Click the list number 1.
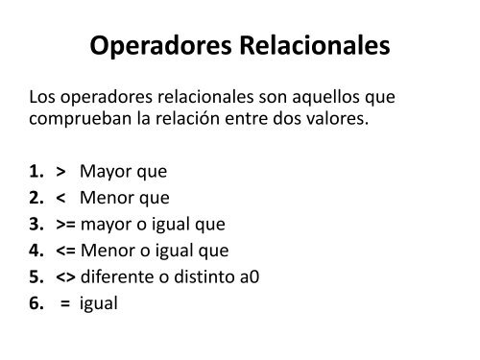pyautogui.click(x=37, y=173)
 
